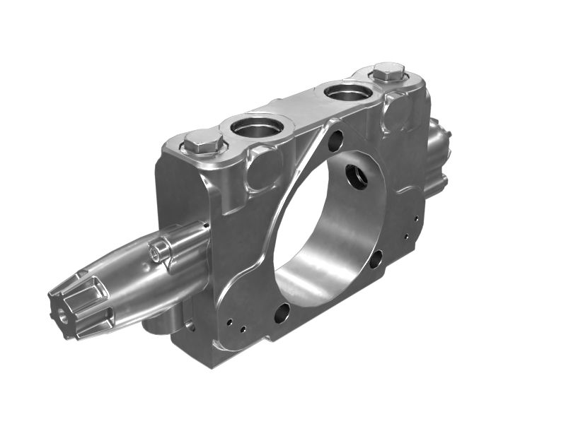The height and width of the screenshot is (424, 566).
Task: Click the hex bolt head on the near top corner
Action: [x=203, y=146]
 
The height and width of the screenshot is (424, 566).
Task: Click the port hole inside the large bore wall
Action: [x=356, y=175]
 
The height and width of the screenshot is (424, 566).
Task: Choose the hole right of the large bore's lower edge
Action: [x=376, y=259]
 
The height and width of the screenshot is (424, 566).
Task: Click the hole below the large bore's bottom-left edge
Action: [x=282, y=312]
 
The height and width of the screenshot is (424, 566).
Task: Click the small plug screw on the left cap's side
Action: [x=159, y=249]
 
